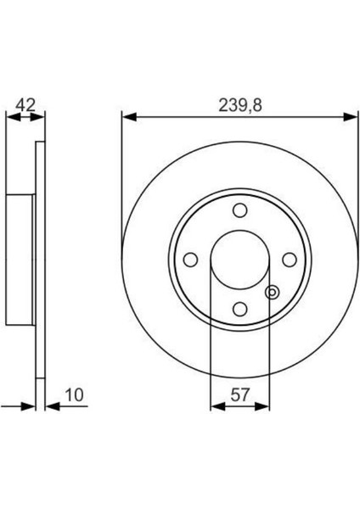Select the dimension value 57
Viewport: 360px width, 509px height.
point(240,394)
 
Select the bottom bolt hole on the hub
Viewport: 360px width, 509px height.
point(239,308)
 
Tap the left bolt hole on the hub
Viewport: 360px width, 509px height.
point(191,260)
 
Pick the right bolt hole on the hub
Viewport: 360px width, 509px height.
point(289,260)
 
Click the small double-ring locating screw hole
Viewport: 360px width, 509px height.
point(272,293)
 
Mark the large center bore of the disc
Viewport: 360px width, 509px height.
point(239,260)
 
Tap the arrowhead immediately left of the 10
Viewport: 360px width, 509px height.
point(50,406)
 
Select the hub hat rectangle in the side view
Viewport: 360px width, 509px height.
point(20,260)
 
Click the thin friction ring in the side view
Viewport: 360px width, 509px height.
point(39,260)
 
